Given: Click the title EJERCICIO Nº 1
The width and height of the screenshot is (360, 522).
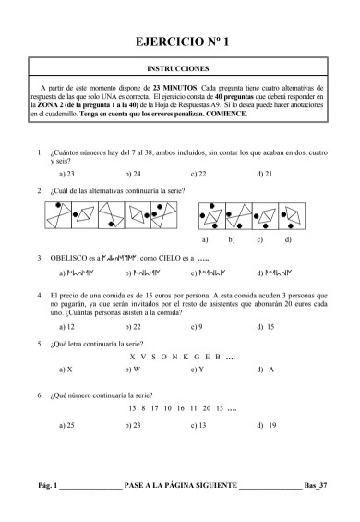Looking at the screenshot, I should point(179,42).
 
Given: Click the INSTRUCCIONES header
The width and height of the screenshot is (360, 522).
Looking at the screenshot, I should point(179,68).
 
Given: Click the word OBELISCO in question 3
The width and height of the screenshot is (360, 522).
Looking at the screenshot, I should point(67,259).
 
